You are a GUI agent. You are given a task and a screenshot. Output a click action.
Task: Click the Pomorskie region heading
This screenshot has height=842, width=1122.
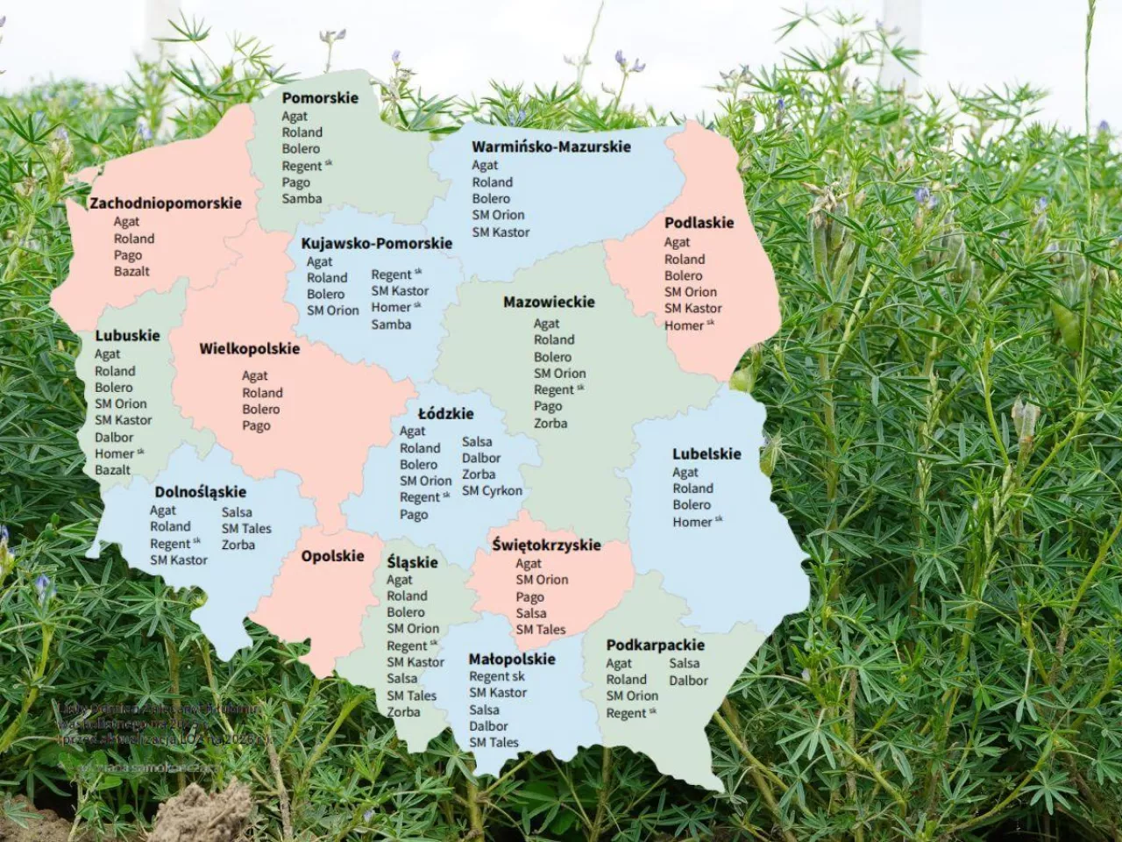coord(320,98)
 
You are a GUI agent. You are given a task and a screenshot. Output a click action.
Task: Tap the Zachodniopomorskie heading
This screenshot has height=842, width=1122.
coord(165,203)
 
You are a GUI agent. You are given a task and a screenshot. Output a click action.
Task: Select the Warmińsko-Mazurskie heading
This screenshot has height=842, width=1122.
coord(550,147)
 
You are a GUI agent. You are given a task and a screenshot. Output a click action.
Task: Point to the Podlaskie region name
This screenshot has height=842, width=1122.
coord(699,223)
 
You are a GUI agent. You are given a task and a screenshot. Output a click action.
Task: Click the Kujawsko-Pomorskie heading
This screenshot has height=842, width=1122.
coord(376,244)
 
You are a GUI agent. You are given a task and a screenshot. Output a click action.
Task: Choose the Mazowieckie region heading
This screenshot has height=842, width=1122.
coord(549,303)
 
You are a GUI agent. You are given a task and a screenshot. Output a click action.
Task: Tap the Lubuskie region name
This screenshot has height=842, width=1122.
coord(127,336)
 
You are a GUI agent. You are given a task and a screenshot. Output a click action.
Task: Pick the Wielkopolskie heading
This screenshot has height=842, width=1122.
coord(249,349)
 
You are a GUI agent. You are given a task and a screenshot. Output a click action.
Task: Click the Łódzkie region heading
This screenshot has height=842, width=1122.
coord(445,414)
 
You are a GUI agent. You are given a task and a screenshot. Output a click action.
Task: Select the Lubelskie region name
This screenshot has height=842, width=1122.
coord(707,454)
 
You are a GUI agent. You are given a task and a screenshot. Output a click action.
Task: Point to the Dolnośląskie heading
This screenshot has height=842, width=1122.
coord(200,493)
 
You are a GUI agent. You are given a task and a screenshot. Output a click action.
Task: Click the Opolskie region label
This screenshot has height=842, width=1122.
coord(332,556)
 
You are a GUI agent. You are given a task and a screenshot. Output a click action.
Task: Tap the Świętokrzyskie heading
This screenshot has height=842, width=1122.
coord(546,545)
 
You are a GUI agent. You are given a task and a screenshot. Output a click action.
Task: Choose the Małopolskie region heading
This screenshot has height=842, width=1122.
coord(512,660)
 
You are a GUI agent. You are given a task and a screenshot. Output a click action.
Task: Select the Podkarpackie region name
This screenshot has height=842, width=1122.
coord(655,646)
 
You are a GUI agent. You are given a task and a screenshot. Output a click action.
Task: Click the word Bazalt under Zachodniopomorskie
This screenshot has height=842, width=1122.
coord(131,272)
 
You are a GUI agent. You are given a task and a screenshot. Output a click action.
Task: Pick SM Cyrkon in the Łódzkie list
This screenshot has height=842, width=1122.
coord(492,491)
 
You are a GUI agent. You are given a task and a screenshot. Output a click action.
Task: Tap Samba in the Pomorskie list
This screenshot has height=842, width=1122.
coord(302,199)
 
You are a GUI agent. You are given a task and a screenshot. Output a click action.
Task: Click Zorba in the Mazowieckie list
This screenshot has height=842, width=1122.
coord(550,424)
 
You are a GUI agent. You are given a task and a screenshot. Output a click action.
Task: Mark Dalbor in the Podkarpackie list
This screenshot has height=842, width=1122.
coord(688,681)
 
